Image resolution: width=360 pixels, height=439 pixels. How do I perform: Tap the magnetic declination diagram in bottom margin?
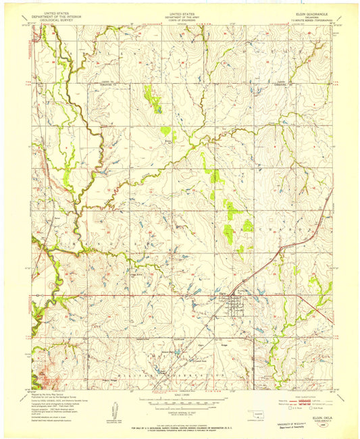pos(112,411)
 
